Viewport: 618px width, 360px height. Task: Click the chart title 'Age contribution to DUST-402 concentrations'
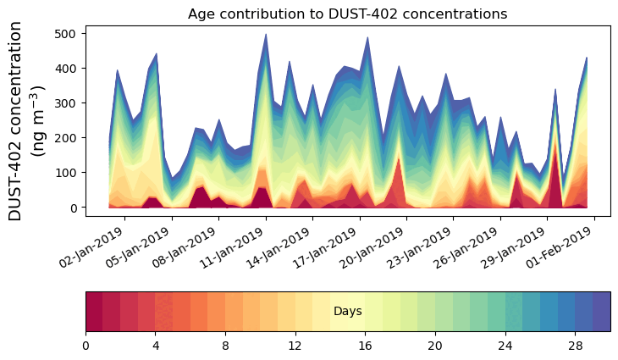coord(347,14)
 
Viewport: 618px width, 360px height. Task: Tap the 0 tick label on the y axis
coord(74,208)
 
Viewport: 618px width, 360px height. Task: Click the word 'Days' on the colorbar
coord(347,312)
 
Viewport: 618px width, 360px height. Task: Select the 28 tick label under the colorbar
coord(575,346)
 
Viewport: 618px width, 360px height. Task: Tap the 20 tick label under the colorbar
coord(435,346)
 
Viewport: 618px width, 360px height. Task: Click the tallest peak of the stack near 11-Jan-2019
coord(266,36)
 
